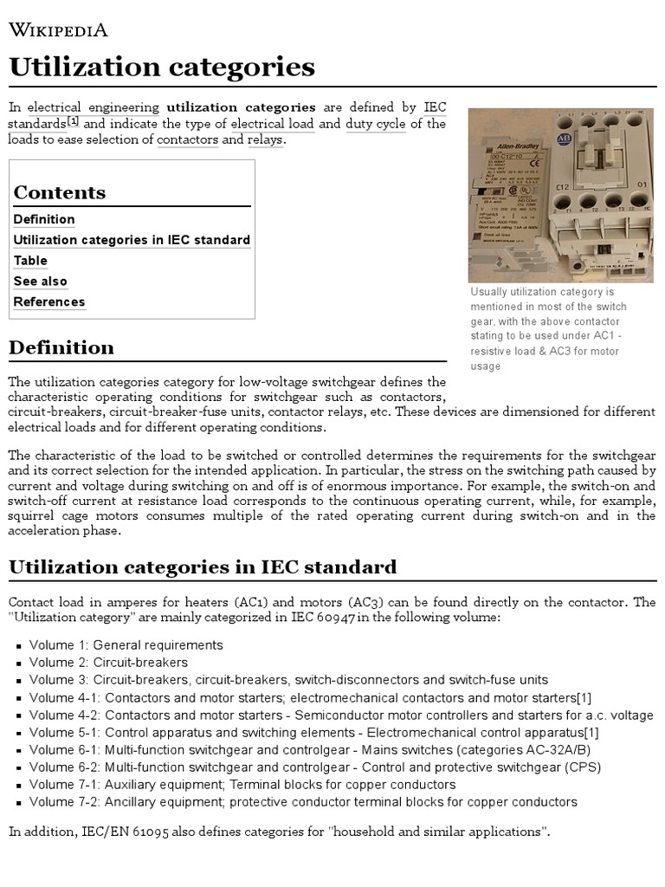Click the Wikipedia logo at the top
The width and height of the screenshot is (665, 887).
click(58, 30)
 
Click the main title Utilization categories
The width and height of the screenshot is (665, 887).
click(162, 68)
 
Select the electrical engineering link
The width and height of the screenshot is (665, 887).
click(94, 107)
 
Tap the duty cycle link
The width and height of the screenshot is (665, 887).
click(375, 123)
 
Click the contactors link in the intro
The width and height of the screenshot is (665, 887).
click(187, 139)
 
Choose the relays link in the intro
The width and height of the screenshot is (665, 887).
click(264, 139)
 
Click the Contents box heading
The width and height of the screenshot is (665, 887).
click(60, 192)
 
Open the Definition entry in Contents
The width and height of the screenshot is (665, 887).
click(44, 219)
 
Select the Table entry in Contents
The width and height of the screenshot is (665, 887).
click(30, 261)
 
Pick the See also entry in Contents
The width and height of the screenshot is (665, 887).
click(40, 282)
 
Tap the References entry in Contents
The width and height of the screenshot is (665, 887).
click(49, 302)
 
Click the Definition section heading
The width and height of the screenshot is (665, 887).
click(61, 347)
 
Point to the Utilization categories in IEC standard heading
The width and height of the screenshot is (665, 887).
click(202, 567)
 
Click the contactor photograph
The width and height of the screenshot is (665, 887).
click(560, 195)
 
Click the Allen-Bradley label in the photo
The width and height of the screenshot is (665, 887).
click(502, 149)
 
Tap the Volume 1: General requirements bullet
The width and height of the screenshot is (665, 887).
click(126, 645)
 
